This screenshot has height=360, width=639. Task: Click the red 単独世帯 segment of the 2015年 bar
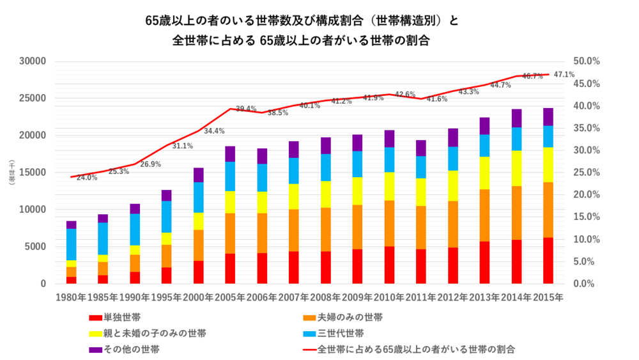(x=549, y=260)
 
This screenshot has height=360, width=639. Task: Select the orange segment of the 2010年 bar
(x=390, y=223)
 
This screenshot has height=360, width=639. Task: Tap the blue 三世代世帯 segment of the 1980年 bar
(x=71, y=244)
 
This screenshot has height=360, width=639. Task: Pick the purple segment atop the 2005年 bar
(x=230, y=154)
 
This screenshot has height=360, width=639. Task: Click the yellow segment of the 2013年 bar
(x=485, y=173)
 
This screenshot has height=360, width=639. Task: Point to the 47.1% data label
(x=564, y=74)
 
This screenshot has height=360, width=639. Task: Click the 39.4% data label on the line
(x=246, y=109)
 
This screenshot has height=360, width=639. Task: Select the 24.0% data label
(x=87, y=178)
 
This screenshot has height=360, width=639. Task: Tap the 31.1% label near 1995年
(x=183, y=146)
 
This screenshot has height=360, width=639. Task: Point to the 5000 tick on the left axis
(x=36, y=247)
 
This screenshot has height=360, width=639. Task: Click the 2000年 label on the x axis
(x=198, y=297)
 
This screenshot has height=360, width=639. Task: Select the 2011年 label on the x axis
(x=422, y=297)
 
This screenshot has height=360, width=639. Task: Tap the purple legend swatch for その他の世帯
(x=95, y=350)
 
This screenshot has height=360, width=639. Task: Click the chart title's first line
(x=302, y=20)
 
